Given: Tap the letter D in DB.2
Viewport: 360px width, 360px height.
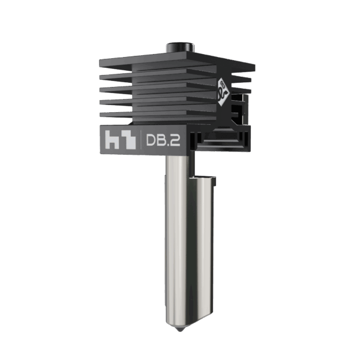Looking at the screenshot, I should [151, 141].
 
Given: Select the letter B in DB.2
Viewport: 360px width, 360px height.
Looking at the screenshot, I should [163, 141].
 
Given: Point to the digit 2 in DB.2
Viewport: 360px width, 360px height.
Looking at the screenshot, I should [178, 141].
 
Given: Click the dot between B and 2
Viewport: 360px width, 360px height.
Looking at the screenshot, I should [171, 146].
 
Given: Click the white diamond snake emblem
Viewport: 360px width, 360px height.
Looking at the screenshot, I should [223, 89].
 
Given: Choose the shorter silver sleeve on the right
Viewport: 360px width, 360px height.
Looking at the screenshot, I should [203, 240].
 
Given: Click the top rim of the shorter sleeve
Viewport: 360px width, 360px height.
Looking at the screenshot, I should [202, 178].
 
